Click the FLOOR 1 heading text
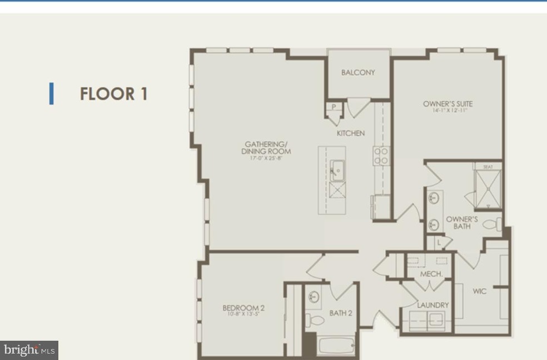pos(113,94)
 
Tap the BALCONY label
pos(358,72)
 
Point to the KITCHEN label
pos(351,133)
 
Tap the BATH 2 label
pos(341,313)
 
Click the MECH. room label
pos(431,274)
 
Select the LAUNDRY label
pos(433,305)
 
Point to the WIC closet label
pos(479,291)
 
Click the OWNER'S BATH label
pos(461,222)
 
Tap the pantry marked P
pos(334,107)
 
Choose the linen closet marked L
pos(439,242)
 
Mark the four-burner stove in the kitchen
pos(381,156)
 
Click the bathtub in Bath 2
pos(336,346)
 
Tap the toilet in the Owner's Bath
pos(492,224)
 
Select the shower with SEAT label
pos(488,186)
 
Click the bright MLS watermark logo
pos(29,350)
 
